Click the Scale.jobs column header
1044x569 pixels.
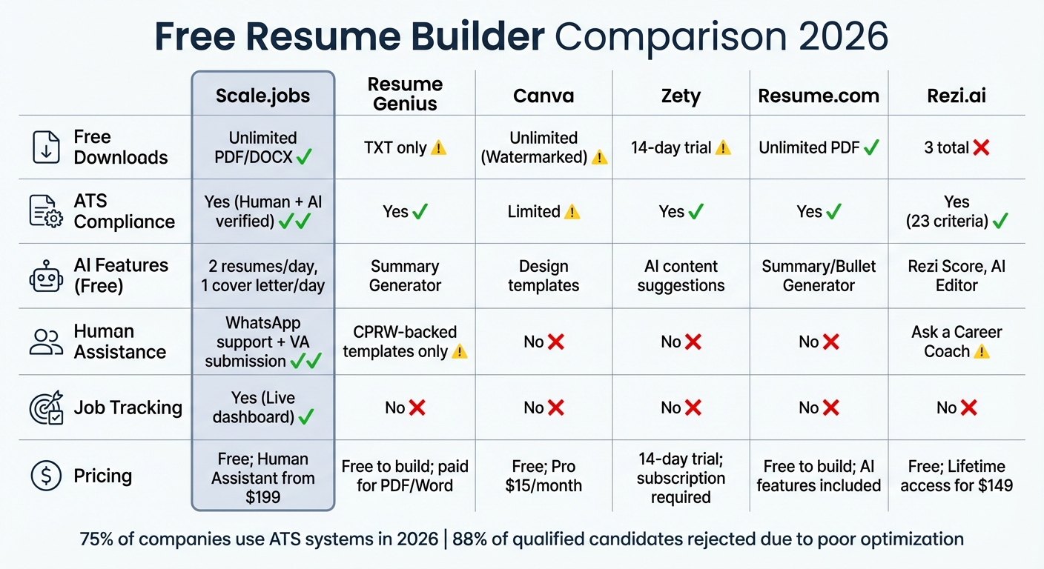263,96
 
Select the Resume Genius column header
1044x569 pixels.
405,94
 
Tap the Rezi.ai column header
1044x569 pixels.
956,96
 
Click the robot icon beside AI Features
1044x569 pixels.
46,276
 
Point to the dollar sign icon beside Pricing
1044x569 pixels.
46,476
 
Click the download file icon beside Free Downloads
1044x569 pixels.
46,147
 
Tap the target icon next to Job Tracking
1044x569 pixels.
46,407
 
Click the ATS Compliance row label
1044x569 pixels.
124,211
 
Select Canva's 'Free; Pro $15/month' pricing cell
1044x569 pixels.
544,476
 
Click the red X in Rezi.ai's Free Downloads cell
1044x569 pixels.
981,148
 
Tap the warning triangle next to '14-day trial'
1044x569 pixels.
723,147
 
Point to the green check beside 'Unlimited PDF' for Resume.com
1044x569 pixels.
871,147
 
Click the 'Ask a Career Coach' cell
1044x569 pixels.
956,342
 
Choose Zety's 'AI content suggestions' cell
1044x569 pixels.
681,276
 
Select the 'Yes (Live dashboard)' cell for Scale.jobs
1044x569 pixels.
263,407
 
